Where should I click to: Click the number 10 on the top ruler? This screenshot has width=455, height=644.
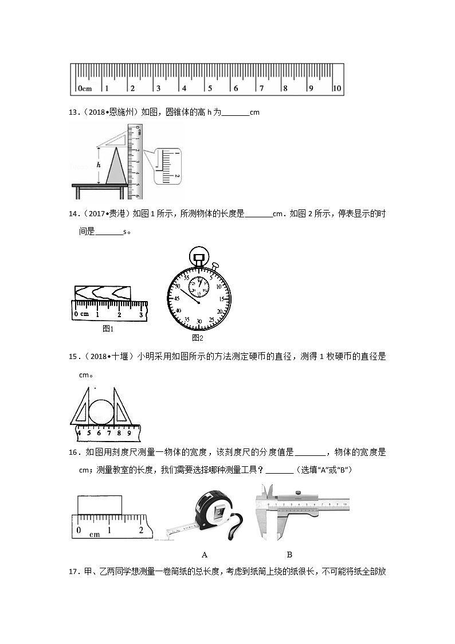pyautogui.click(x=337, y=89)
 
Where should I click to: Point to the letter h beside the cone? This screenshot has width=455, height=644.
pyautogui.click(x=99, y=165)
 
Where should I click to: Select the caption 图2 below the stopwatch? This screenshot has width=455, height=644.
pyautogui.click(x=198, y=338)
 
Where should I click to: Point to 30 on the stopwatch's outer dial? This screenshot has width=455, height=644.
pyautogui.click(x=199, y=321)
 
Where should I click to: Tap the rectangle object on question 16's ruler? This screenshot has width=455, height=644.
pyautogui.click(x=100, y=505)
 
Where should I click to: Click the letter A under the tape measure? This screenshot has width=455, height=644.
pyautogui.click(x=205, y=555)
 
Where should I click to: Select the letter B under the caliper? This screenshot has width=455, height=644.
pyautogui.click(x=289, y=555)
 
